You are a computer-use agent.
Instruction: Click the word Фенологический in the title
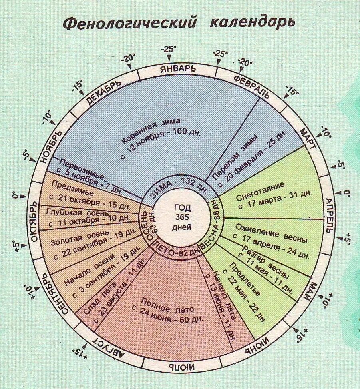[130, 23]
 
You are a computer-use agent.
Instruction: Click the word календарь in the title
[253, 22]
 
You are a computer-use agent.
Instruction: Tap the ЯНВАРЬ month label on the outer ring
[178, 68]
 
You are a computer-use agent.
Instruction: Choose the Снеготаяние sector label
[260, 187]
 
